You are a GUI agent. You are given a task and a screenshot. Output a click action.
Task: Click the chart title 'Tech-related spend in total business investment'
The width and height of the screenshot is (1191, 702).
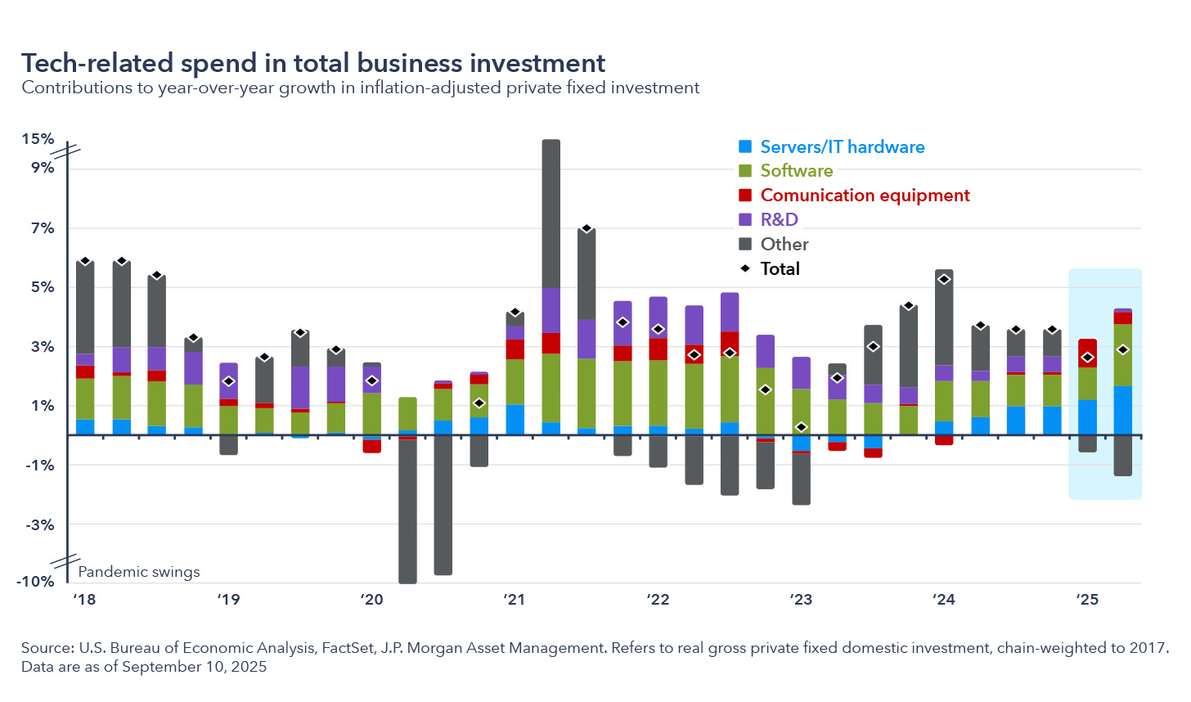[x=313, y=63]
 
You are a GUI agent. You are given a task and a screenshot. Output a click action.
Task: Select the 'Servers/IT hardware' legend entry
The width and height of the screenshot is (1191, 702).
[x=842, y=147]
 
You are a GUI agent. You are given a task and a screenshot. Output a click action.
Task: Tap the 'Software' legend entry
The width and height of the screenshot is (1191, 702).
[x=796, y=171]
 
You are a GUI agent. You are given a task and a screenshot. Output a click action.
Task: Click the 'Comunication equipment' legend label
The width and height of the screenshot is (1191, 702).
[x=865, y=196]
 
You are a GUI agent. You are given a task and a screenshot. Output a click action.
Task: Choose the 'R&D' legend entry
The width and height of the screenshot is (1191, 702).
[x=779, y=219]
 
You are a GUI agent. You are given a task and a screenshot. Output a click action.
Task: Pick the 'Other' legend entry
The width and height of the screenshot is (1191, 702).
[x=784, y=244]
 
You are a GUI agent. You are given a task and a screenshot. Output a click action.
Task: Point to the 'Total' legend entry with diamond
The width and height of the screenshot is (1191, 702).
[x=780, y=268]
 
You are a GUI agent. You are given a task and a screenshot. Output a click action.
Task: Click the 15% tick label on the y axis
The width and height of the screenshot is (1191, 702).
[x=38, y=139]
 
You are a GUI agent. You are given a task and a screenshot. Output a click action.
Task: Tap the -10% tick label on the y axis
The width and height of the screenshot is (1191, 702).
[x=36, y=581]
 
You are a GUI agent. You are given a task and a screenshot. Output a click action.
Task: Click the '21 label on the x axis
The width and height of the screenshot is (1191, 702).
[x=514, y=600]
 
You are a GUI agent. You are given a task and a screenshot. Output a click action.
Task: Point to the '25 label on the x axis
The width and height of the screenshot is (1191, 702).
[x=1087, y=600]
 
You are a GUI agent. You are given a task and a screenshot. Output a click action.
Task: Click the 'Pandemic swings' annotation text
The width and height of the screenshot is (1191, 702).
[x=139, y=572]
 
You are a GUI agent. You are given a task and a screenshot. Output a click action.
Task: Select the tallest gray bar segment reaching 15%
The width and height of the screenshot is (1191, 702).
[x=551, y=213]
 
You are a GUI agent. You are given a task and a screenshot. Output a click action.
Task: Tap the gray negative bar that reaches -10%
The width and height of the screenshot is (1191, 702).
[x=407, y=511]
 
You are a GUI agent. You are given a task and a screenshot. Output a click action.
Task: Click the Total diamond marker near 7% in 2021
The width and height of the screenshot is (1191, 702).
[x=587, y=229]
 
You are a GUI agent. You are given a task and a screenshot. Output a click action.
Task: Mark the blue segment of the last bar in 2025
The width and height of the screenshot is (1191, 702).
[x=1123, y=410]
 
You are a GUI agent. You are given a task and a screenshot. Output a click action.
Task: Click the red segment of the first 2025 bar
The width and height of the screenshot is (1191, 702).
[x=1087, y=353]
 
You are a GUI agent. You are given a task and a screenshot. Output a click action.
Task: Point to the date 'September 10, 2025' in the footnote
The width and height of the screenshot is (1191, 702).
[x=194, y=667]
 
